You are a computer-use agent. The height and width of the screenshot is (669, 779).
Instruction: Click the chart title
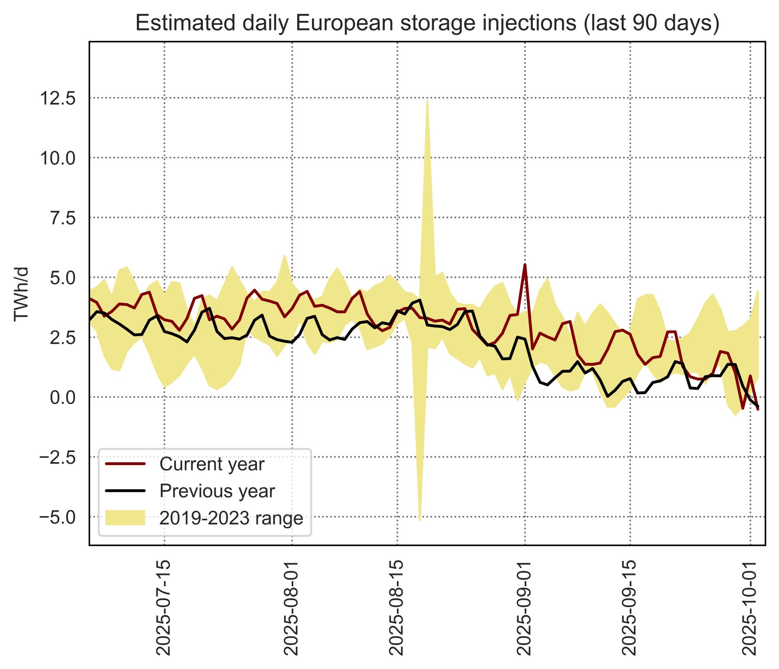[427, 23]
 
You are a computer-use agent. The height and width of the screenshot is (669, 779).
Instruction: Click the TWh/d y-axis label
[21, 294]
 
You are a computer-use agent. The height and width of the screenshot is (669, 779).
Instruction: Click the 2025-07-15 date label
[164, 608]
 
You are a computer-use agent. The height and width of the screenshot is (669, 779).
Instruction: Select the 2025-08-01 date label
[291, 608]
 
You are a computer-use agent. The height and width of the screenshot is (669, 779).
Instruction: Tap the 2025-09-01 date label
[525, 608]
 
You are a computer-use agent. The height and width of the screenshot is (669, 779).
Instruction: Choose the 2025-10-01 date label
[750, 608]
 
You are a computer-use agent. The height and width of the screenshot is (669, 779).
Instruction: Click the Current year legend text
[212, 464]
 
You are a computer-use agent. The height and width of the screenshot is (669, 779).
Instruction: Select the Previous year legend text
[217, 491]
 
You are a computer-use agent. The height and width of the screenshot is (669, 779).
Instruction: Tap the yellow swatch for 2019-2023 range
[125, 518]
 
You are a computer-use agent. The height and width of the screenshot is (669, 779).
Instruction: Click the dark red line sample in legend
[125, 464]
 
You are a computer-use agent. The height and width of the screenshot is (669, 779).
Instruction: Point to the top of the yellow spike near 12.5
[427, 101]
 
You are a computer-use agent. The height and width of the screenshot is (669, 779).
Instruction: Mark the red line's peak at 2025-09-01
[525, 265]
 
